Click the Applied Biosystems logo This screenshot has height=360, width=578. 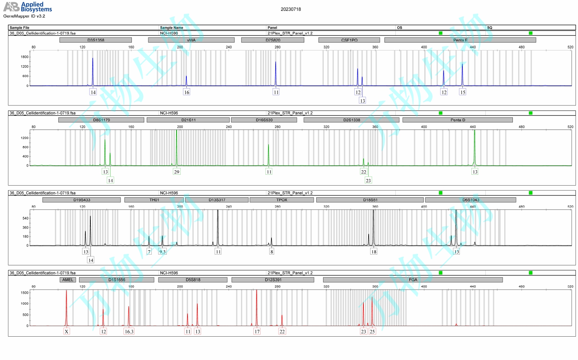[x=27, y=7]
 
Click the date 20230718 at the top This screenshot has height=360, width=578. [x=291, y=9]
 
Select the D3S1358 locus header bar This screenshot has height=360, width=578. [x=96, y=40]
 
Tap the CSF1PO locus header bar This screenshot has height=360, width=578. [x=349, y=40]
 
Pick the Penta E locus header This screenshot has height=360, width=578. [x=460, y=40]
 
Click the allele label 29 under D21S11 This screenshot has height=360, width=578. [x=177, y=172]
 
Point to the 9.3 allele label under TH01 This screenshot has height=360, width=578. [x=162, y=252]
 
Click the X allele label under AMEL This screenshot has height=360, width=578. [x=67, y=331]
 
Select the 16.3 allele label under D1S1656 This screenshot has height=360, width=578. [x=129, y=331]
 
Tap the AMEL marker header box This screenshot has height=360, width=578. [x=68, y=280]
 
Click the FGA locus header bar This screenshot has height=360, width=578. [x=413, y=280]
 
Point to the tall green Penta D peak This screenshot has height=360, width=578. [x=474, y=147]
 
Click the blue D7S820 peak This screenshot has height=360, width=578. [x=276, y=73]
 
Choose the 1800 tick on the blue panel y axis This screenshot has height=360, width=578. [x=24, y=57]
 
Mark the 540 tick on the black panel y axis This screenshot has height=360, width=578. [x=25, y=218]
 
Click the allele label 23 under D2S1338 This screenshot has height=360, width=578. [x=368, y=180]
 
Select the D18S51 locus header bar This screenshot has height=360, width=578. [x=370, y=200]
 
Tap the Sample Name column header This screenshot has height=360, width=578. [x=171, y=27]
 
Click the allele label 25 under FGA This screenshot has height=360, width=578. [x=372, y=331]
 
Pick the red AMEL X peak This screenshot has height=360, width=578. [x=66, y=307]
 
